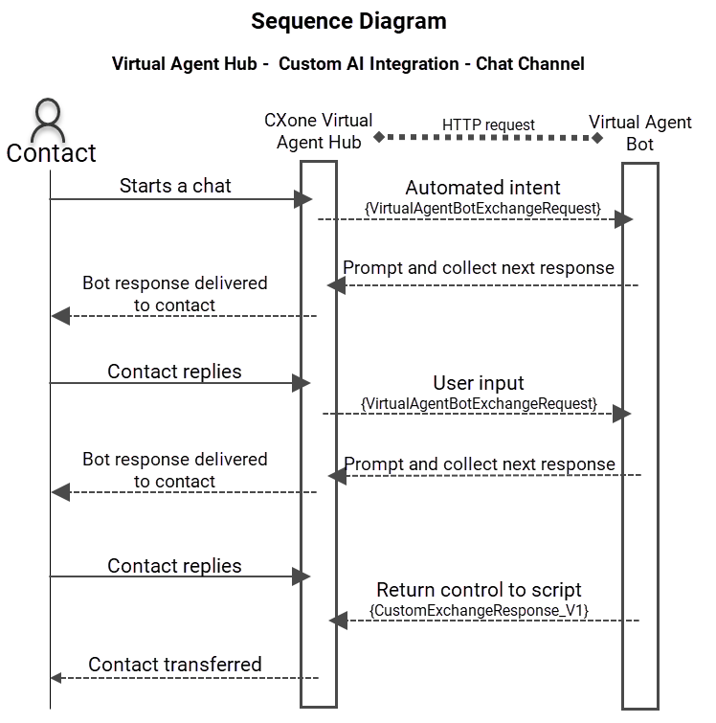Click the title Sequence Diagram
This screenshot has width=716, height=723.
tap(348, 20)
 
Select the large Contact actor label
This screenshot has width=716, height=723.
tap(52, 153)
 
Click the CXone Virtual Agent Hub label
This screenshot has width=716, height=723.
tap(319, 132)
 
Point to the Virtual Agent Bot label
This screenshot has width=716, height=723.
tap(639, 133)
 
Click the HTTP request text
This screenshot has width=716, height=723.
tap(488, 124)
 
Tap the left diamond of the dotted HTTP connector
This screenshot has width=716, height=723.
tap(379, 137)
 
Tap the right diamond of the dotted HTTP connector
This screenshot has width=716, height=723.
tap(597, 138)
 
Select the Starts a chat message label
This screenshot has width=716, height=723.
tap(175, 186)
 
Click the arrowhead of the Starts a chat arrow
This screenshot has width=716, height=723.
tap(304, 199)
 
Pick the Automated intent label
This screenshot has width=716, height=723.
tap(482, 188)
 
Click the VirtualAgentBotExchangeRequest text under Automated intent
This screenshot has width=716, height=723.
tap(482, 207)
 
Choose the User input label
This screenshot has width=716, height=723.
tap(480, 384)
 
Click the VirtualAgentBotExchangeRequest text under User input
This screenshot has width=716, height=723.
tap(480, 403)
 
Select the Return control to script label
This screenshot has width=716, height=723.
tap(479, 590)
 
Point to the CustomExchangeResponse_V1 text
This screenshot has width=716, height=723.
tap(479, 609)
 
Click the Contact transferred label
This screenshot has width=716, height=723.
tap(175, 664)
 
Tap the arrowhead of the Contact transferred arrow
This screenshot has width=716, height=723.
tap(56, 678)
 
